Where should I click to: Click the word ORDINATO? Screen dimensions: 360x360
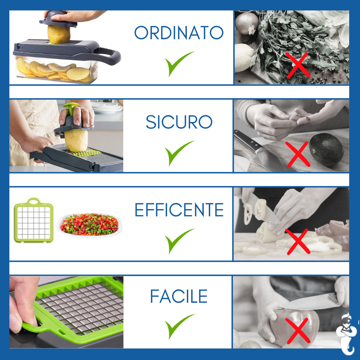coord(179,33)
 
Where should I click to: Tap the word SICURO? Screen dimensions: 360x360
coord(179,122)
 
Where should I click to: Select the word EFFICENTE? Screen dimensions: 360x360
coord(179,210)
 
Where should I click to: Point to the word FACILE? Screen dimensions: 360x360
coord(179,296)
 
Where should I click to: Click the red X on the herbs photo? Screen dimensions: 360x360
coord(298,65)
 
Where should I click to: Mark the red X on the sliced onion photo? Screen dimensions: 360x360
coord(298,242)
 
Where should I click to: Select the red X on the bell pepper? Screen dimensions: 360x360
coord(298,330)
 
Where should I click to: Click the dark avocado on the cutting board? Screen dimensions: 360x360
coord(326,150)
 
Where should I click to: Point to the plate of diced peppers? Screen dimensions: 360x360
coord(90,225)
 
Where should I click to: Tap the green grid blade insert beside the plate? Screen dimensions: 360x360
coord(34,220)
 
